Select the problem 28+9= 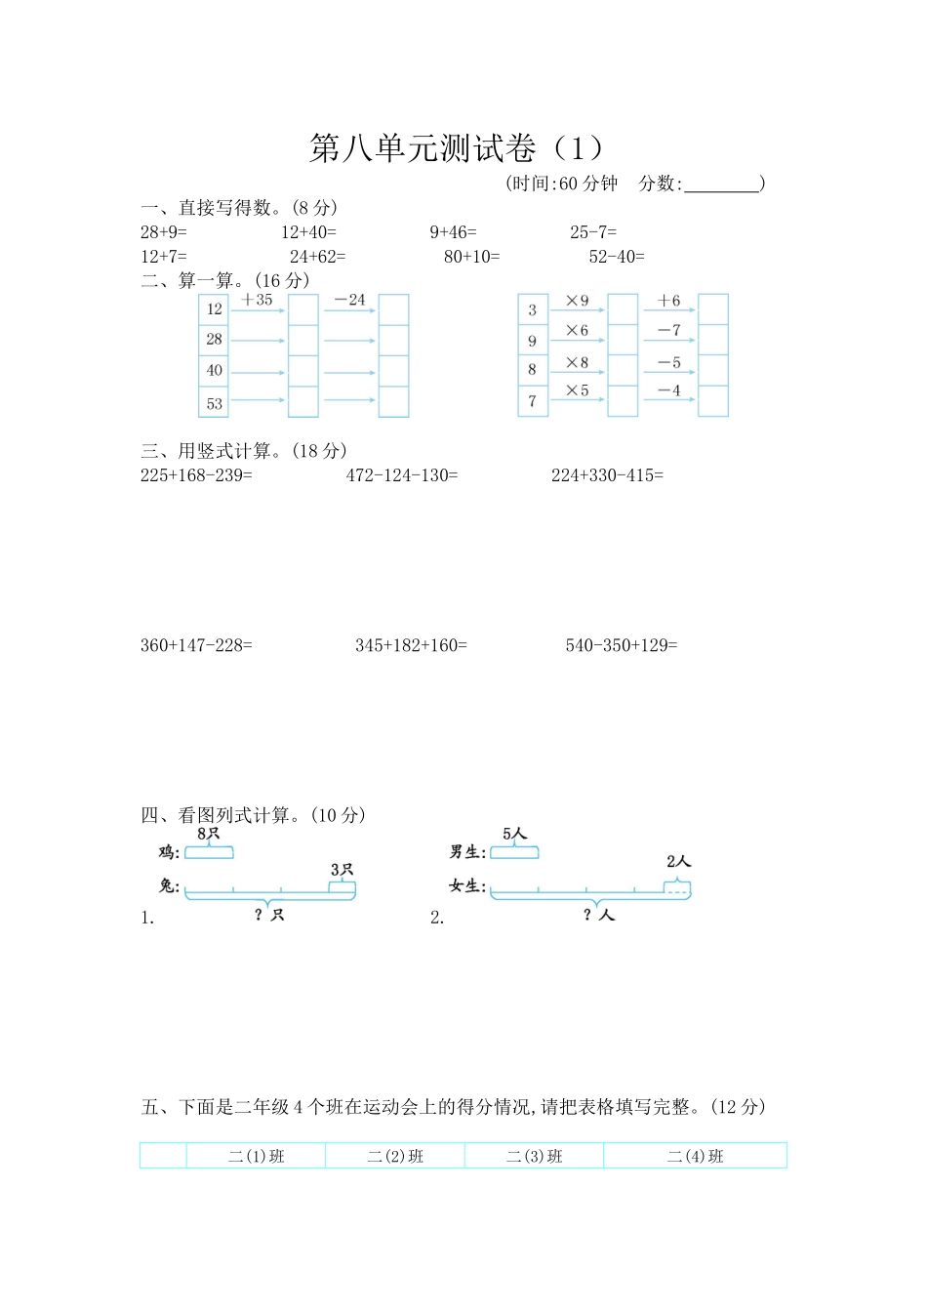pos(163,232)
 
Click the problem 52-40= pos(617,257)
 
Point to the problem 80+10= pos(471,257)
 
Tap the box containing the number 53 pos(214,403)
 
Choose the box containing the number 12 pos(214,309)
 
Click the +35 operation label pos(258,301)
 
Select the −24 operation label pos(349,301)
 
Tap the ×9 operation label pos(577,302)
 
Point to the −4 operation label pos(668,390)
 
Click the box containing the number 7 pos(532,400)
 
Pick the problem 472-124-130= pos(402,475)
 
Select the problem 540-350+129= pos(621,645)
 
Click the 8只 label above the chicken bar pos(209,835)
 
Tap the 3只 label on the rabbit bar pos(342,870)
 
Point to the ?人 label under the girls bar pos(598,915)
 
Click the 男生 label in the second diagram pos(467,852)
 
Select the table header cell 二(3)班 pos(535,1157)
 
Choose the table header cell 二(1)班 pos(256,1157)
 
